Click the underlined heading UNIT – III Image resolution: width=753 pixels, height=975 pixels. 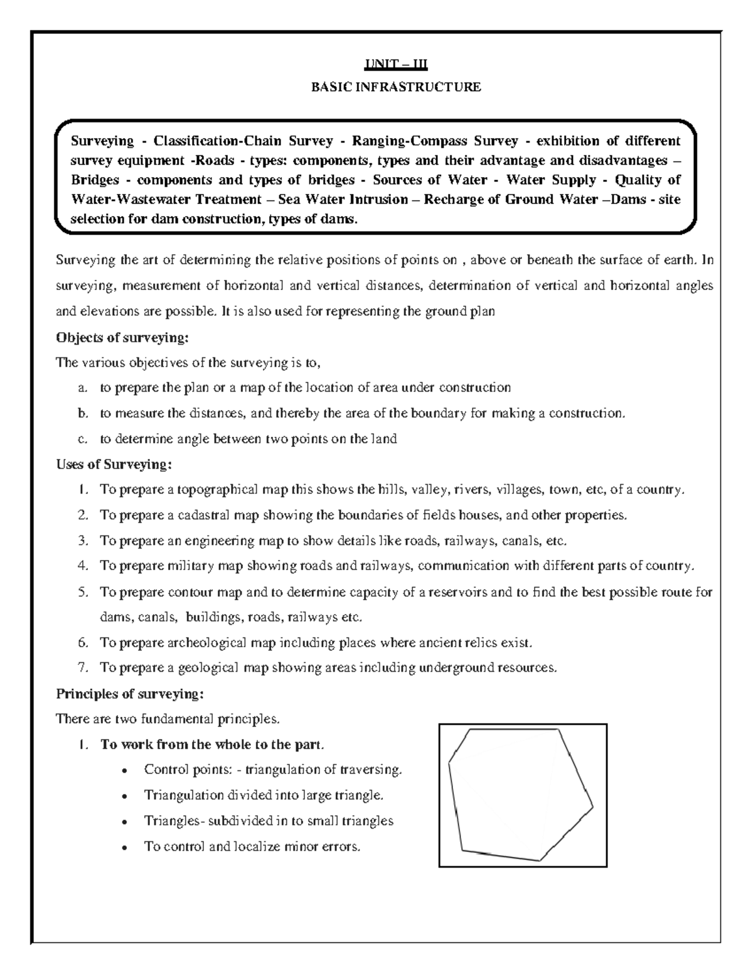(396, 64)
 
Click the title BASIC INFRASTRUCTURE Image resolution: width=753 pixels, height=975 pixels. (396, 87)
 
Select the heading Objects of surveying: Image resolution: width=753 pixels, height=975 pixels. (122, 337)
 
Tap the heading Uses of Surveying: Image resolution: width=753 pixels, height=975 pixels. (114, 465)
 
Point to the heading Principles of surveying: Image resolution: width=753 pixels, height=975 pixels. (130, 694)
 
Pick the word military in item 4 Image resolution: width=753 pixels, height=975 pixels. (191, 566)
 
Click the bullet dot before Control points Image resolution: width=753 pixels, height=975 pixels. (127, 770)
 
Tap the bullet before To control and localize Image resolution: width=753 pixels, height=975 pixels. (127, 848)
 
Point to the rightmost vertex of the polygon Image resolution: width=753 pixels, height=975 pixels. (593, 805)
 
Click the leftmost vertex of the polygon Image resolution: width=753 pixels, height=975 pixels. (449, 764)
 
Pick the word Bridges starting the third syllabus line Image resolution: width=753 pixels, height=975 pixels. (95, 180)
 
